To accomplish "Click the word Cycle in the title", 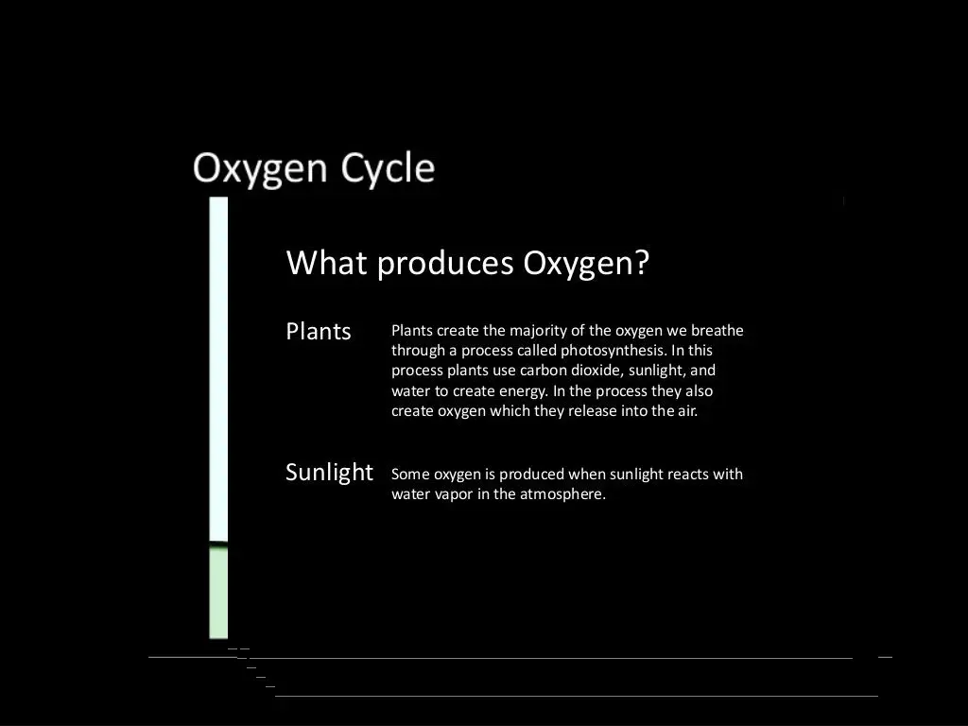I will tap(388, 169).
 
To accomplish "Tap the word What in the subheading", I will tap(326, 262).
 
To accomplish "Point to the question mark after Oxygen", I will tap(643, 262).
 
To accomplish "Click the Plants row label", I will tap(319, 332).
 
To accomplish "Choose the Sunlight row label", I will tap(329, 472).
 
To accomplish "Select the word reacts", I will tap(693, 475).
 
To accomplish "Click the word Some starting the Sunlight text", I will tap(410, 475).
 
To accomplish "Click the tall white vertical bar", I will tap(218, 369).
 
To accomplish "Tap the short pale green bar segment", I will tap(218, 593).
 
